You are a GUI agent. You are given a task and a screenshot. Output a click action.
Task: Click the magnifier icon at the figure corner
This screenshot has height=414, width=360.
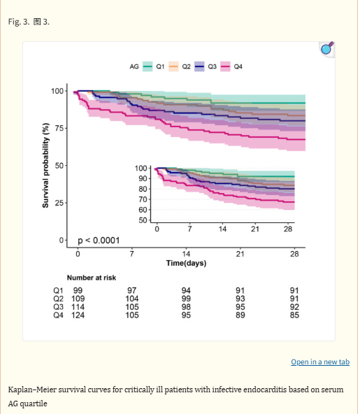tap(327, 48)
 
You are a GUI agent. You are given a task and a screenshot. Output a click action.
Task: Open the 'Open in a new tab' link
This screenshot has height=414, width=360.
tap(320, 362)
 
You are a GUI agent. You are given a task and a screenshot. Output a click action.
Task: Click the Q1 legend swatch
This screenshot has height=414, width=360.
tap(147, 66)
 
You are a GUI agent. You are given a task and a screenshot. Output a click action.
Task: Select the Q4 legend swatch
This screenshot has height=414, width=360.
tap(225, 66)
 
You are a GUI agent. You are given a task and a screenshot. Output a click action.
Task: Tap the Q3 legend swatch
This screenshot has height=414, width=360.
tap(199, 66)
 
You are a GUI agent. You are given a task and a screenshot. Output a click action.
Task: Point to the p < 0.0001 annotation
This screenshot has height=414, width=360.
tap(99, 241)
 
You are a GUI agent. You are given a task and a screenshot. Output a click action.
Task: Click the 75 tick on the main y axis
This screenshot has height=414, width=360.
tap(59, 128)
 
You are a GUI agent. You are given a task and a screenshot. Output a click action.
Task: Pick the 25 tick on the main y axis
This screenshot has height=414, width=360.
tap(59, 203)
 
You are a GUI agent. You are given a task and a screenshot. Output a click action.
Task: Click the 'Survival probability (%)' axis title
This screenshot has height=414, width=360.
tap(45, 166)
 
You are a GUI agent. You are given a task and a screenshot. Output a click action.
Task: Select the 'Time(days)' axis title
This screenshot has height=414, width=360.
tap(186, 263)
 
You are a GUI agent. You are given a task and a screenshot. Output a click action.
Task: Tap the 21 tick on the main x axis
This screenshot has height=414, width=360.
tap(240, 254)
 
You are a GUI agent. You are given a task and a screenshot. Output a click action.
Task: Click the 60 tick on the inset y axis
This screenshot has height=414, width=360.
tap(143, 210)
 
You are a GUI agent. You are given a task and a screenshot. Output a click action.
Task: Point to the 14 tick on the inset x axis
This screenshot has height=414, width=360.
tap(222, 229)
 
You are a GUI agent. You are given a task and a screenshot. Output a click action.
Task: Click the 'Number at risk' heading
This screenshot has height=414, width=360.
tap(92, 278)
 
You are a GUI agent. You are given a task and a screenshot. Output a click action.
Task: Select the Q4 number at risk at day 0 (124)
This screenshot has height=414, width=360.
tap(78, 315)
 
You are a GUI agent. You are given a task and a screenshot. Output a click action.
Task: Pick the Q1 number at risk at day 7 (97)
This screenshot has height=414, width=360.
tap(132, 290)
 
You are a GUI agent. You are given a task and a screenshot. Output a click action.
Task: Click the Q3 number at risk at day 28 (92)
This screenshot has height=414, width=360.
tap(294, 307)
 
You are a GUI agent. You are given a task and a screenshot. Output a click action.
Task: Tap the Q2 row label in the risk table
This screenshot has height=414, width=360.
tap(58, 299)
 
